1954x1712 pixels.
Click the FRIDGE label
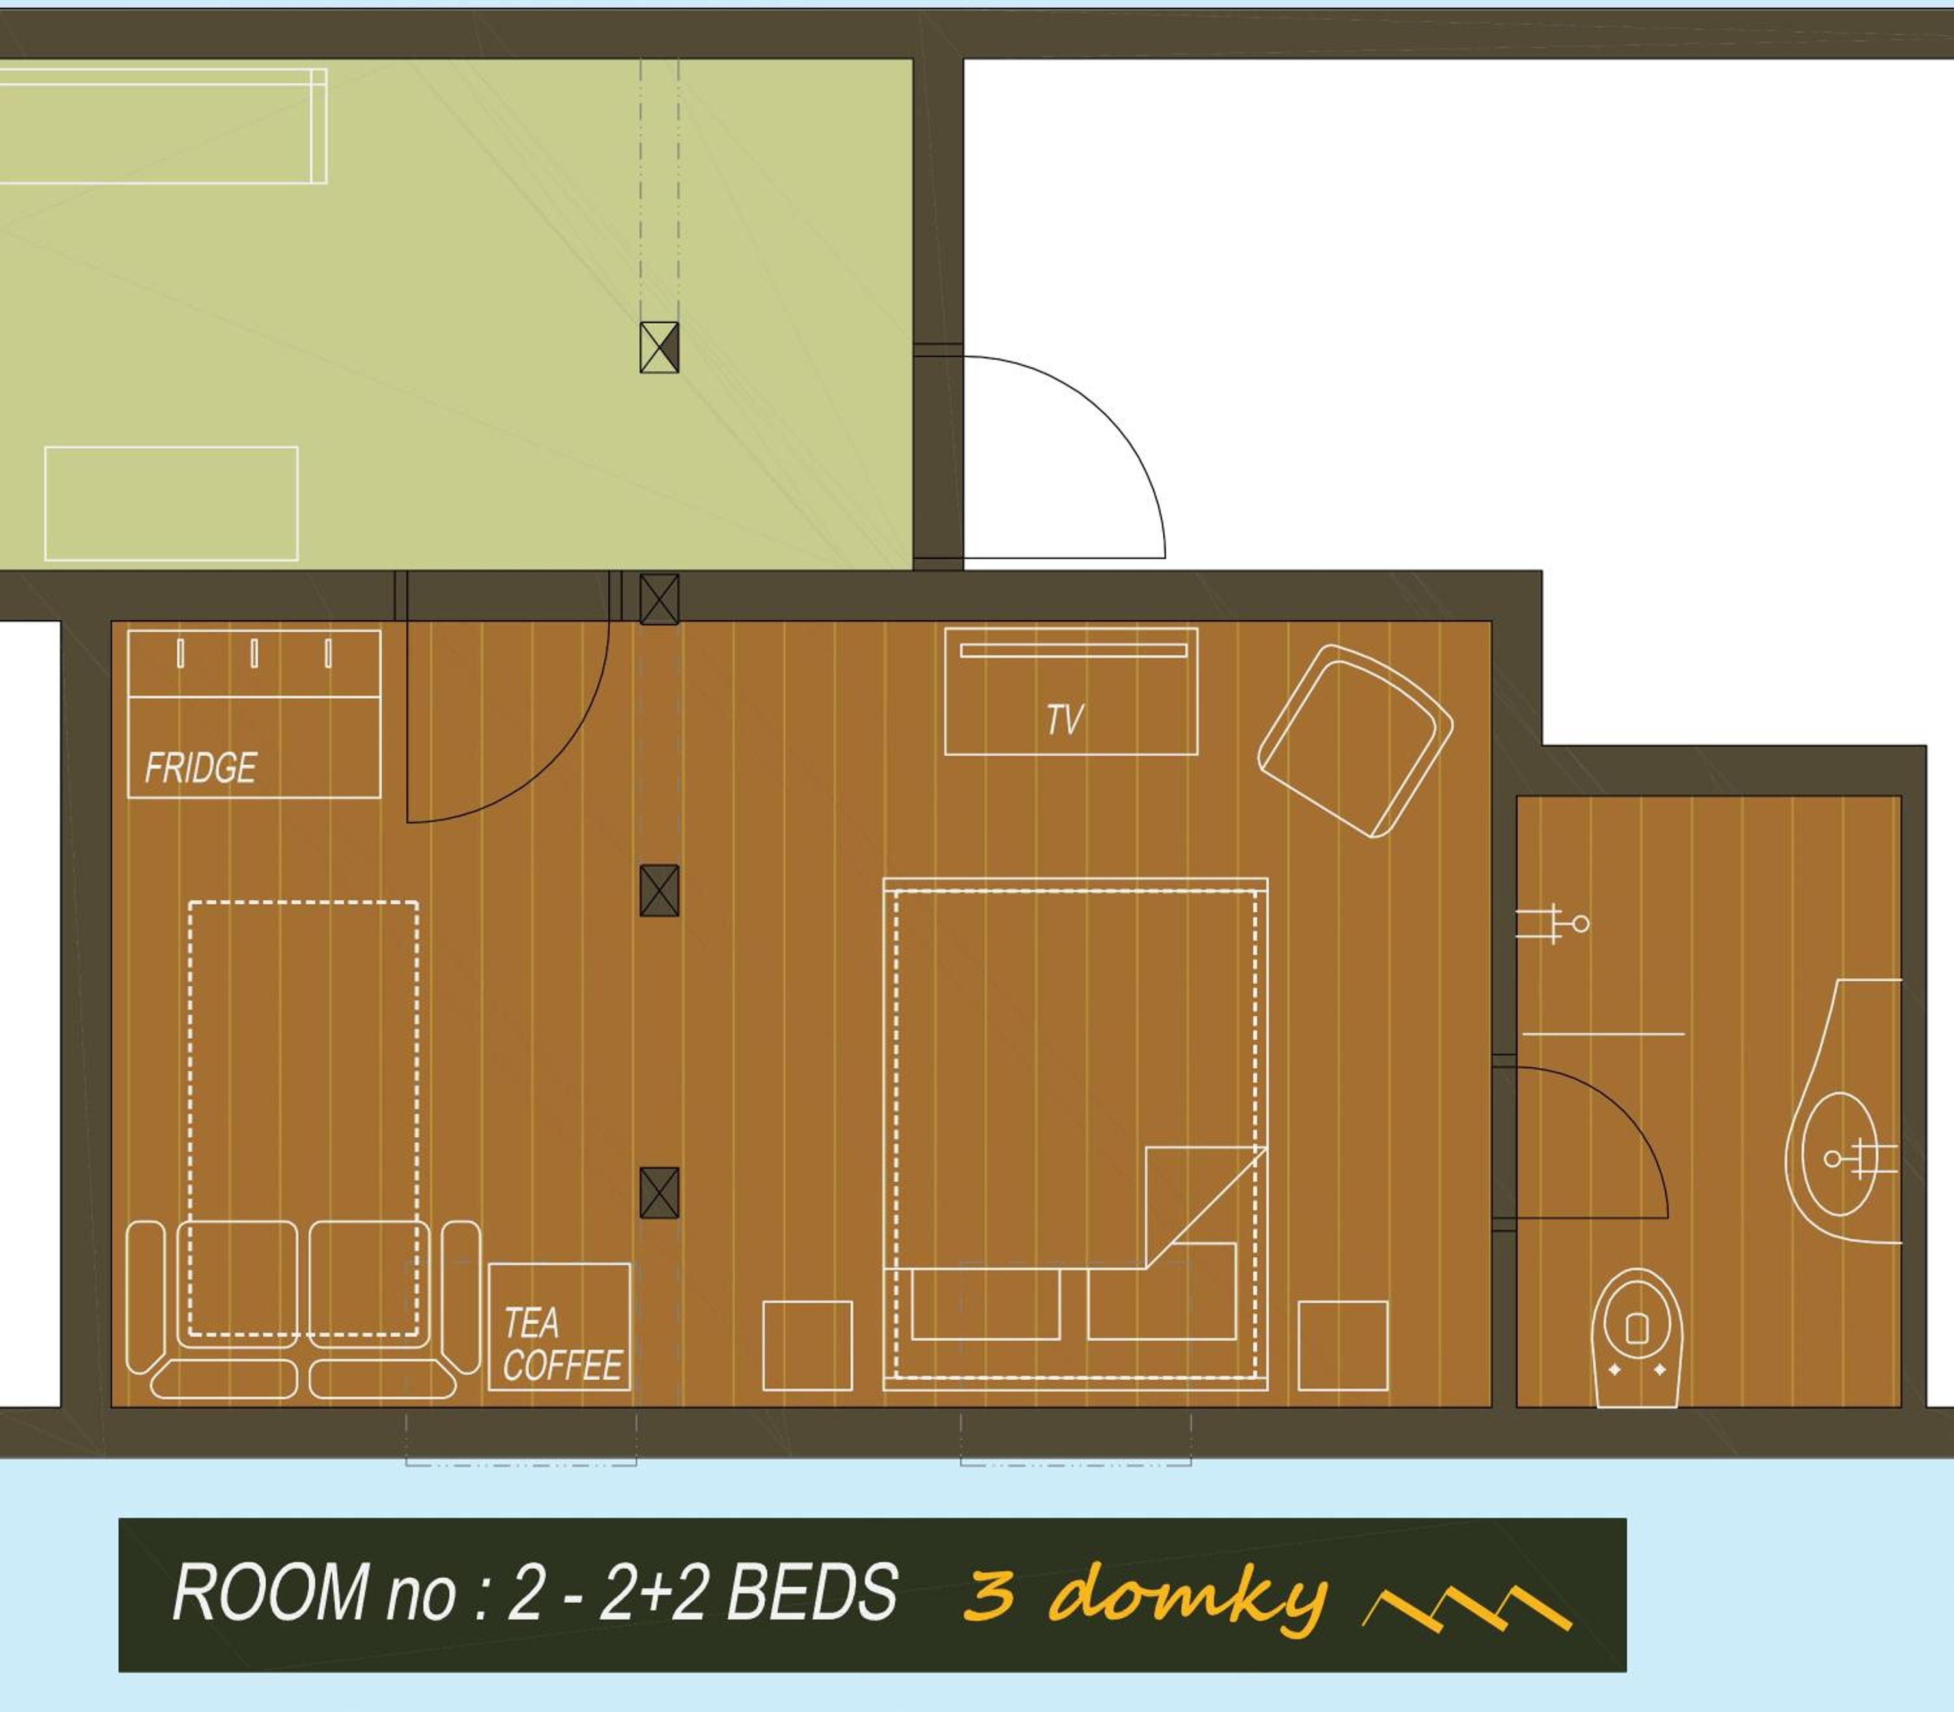pos(201,768)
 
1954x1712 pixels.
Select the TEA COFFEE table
pos(559,1327)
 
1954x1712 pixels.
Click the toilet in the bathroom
pos(1637,1337)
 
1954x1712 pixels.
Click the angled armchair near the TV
pos(1355,741)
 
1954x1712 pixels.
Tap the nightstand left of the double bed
pos(807,1345)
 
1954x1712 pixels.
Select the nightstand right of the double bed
pos(1343,1345)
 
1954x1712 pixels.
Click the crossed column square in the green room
pos(659,347)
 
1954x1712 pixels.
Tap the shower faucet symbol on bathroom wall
pos(1553,924)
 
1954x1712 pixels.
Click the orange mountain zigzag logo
pos(1467,1610)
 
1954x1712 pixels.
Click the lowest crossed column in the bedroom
pos(659,1192)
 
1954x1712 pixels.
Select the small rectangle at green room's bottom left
pos(171,504)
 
